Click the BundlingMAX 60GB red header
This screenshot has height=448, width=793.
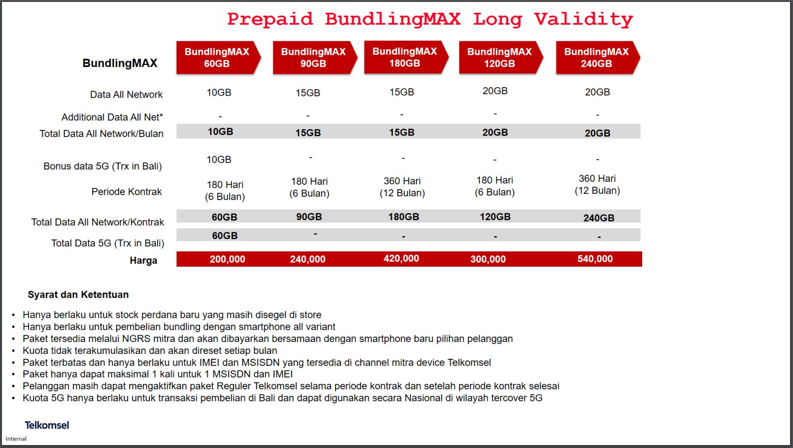pyautogui.click(x=218, y=57)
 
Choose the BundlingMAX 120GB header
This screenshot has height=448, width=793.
pyautogui.click(x=501, y=57)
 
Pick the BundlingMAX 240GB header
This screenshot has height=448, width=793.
pyautogui.click(x=598, y=57)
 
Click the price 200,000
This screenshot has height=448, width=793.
pyautogui.click(x=227, y=259)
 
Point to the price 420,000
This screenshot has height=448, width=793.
pyautogui.click(x=401, y=259)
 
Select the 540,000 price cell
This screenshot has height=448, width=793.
pyautogui.click(x=595, y=259)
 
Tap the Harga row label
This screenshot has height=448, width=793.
pyautogui.click(x=143, y=261)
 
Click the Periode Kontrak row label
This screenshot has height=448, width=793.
pyautogui.click(x=126, y=192)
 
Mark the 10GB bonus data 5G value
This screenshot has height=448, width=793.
pyautogui.click(x=219, y=159)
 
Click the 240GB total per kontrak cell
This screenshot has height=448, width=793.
pyautogui.click(x=599, y=218)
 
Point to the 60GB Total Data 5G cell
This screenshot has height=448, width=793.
pyautogui.click(x=225, y=236)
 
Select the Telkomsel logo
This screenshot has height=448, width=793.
pyautogui.click(x=47, y=425)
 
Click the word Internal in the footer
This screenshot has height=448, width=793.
pyautogui.click(x=16, y=439)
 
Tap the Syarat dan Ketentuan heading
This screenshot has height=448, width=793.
pyautogui.click(x=78, y=295)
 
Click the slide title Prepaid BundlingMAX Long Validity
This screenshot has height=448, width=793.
pyautogui.click(x=430, y=19)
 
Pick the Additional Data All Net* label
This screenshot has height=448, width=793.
pyautogui.click(x=112, y=117)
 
